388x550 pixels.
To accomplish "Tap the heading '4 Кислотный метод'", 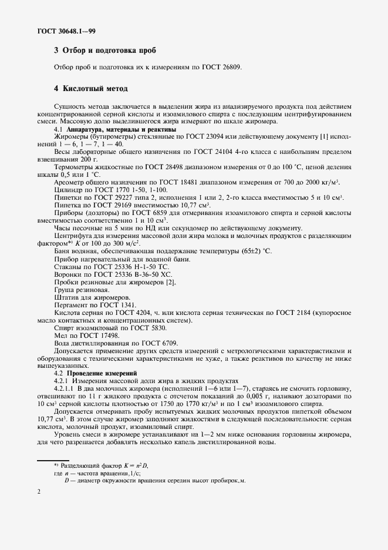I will point(90,89).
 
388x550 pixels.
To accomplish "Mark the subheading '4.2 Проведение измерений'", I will point(95,373).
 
